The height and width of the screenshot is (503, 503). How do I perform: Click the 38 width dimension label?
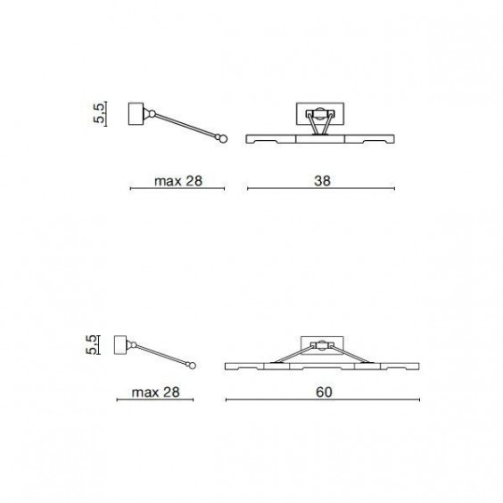[322, 181]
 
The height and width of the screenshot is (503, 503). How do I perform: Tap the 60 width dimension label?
[324, 392]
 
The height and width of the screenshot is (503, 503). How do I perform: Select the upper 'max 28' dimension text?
[178, 181]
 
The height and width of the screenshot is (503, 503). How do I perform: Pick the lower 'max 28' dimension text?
[155, 392]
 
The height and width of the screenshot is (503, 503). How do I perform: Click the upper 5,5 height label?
[99, 113]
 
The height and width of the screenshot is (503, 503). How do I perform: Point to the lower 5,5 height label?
[91, 345]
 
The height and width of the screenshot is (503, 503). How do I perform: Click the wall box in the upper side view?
[136, 114]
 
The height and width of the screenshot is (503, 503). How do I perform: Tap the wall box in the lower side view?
[120, 345]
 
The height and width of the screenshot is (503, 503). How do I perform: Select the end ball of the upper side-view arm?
[223, 139]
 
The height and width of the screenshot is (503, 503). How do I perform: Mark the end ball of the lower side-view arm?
[192, 366]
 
